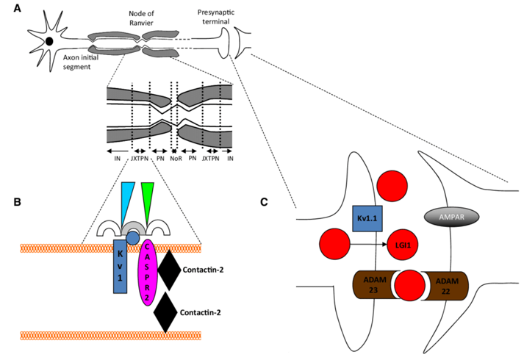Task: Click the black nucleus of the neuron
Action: (x=49, y=42)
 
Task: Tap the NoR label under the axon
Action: (x=175, y=157)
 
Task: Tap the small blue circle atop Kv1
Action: (x=132, y=237)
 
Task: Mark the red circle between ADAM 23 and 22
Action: (x=409, y=285)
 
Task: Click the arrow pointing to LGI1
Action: (x=367, y=245)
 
